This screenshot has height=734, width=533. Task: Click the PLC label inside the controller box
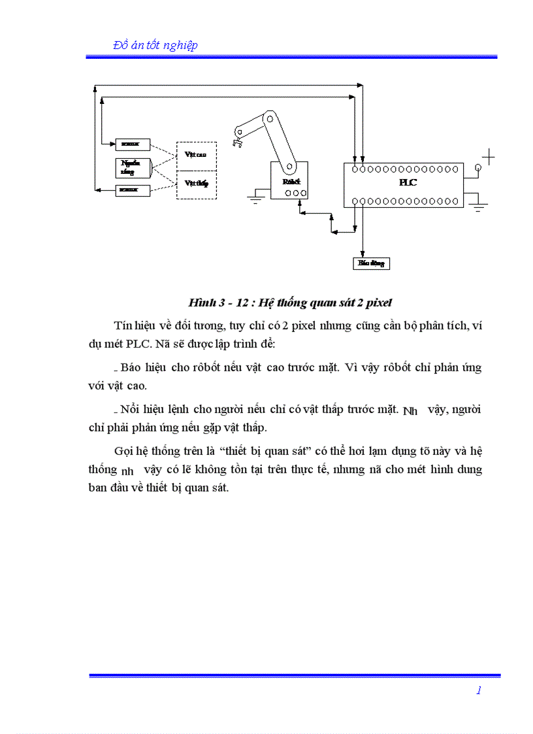pyautogui.click(x=408, y=183)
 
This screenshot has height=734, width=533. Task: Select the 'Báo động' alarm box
pyautogui.click(x=371, y=263)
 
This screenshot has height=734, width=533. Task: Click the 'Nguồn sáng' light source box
pyautogui.click(x=133, y=168)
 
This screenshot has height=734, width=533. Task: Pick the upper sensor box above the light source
pyautogui.click(x=133, y=144)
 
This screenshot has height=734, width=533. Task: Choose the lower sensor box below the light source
pyautogui.click(x=133, y=190)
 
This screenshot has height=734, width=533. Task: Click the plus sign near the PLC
pyautogui.click(x=488, y=157)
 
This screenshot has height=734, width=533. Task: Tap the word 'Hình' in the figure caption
pyautogui.click(x=201, y=303)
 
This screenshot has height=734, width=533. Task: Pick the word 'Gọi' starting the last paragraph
pyautogui.click(x=123, y=451)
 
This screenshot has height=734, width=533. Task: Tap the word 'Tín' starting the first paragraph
pyautogui.click(x=123, y=325)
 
